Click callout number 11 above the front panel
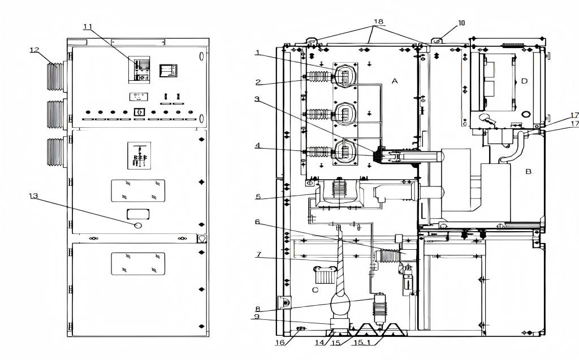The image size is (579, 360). pyautogui.click(x=88, y=27)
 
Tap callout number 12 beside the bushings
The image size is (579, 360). pyautogui.click(x=34, y=50)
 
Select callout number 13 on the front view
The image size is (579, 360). pyautogui.click(x=33, y=196)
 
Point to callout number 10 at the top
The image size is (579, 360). pyautogui.click(x=461, y=23)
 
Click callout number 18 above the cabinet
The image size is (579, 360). pyautogui.click(x=378, y=22)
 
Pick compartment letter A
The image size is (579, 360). pyautogui.click(x=395, y=81)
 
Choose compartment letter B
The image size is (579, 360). pyautogui.click(x=529, y=171)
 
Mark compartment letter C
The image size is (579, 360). pyautogui.click(x=315, y=290)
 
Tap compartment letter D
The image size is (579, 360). pyautogui.click(x=524, y=81)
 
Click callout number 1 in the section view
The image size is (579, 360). pyautogui.click(x=257, y=53)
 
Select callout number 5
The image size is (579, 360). pyautogui.click(x=258, y=197)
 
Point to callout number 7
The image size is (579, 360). pyautogui.click(x=258, y=254)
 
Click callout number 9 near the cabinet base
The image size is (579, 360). pyautogui.click(x=257, y=316)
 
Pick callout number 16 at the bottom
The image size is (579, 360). pyautogui.click(x=280, y=342)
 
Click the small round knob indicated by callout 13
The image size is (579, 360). pyautogui.click(x=138, y=225)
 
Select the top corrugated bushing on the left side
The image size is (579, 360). pyautogui.click(x=55, y=76)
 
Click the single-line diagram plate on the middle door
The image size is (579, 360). pyautogui.click(x=139, y=155)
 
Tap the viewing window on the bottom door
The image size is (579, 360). pyautogui.click(x=138, y=263)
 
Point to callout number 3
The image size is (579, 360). pyautogui.click(x=257, y=99)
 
